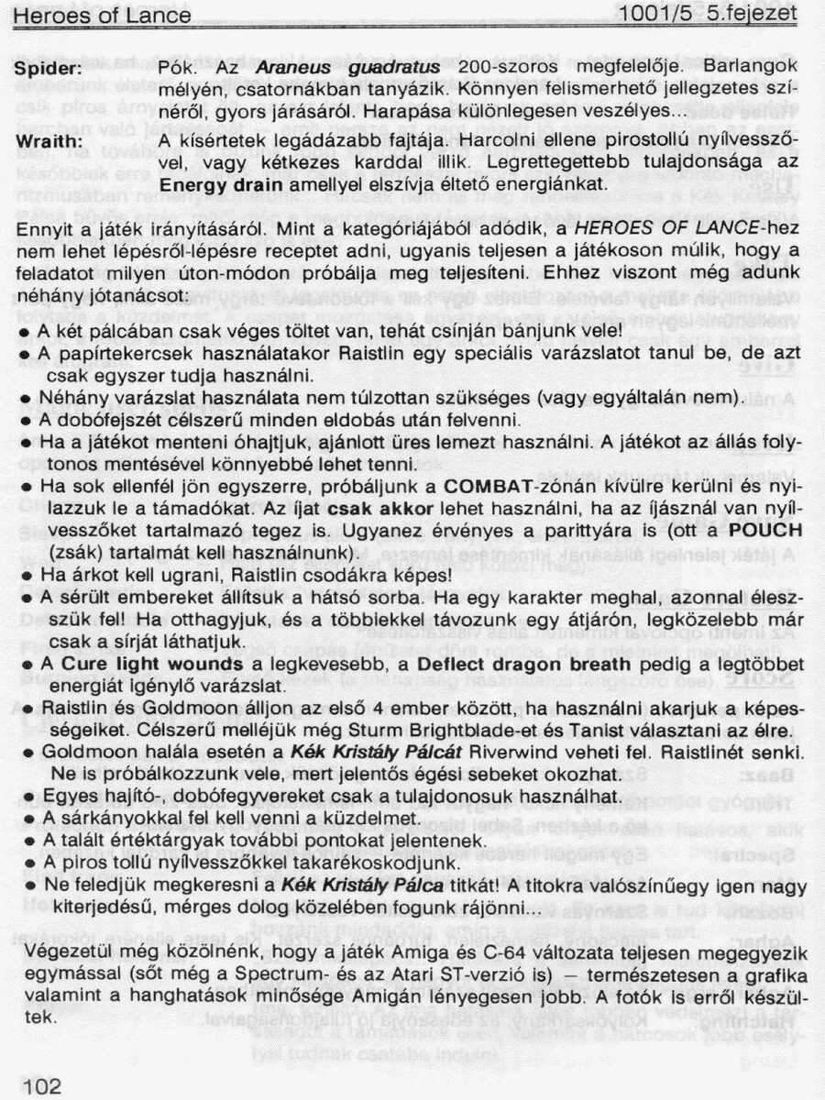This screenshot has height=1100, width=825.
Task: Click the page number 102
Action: pyautogui.click(x=36, y=1085)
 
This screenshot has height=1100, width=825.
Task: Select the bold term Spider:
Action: pyautogui.click(x=49, y=69)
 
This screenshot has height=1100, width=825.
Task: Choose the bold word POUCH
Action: pyautogui.click(x=764, y=531)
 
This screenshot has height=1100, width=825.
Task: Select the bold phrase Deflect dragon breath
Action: pyautogui.click(x=506, y=663)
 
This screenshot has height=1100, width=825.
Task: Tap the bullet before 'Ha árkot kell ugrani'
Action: pyautogui.click(x=29, y=577)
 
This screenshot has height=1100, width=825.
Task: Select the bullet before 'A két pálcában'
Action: pyautogui.click(x=29, y=328)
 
